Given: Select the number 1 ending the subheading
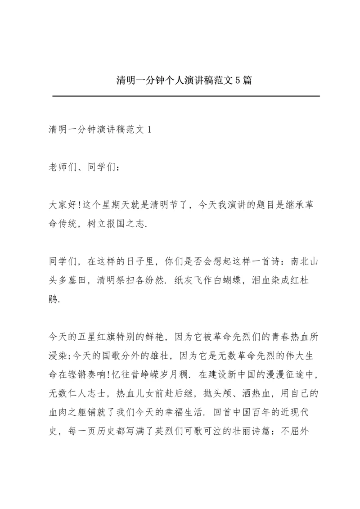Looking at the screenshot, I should point(150,130).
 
